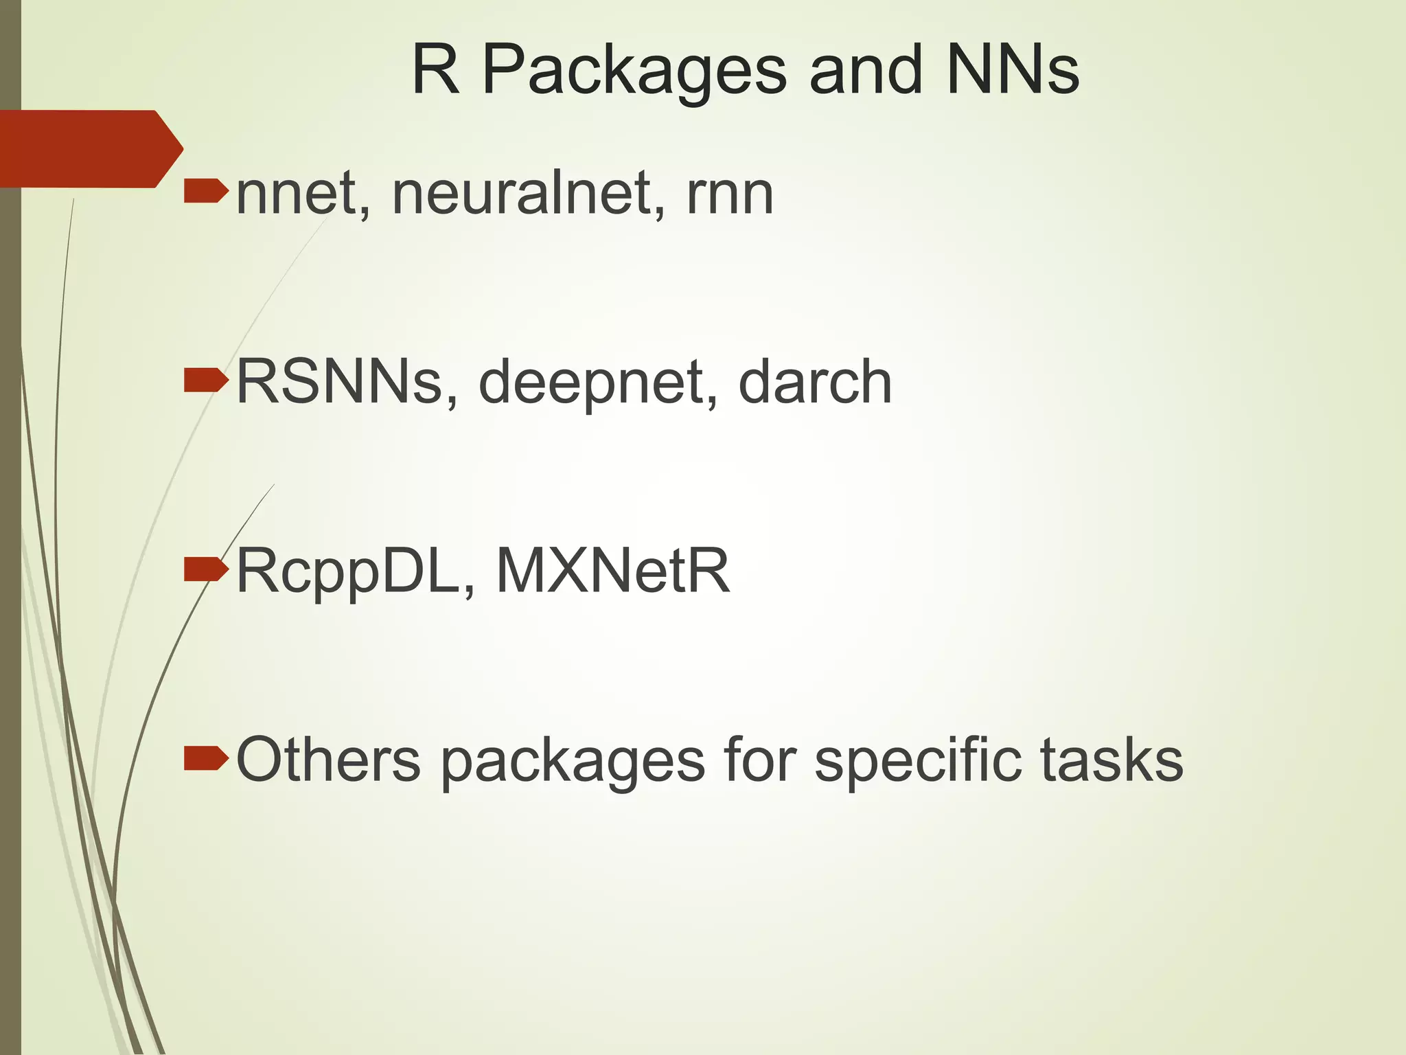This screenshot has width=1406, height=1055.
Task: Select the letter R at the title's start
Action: tap(435, 70)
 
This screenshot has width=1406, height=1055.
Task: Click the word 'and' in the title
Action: tap(866, 70)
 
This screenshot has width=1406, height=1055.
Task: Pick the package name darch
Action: tap(815, 382)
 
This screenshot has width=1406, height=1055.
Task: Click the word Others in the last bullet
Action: tap(328, 760)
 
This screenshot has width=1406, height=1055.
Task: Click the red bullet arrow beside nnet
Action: tap(205, 191)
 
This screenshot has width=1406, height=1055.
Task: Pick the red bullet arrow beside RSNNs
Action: tap(205, 381)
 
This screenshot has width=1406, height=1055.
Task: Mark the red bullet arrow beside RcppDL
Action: tap(205, 569)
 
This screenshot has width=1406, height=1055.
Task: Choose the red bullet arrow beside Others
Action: tap(205, 758)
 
